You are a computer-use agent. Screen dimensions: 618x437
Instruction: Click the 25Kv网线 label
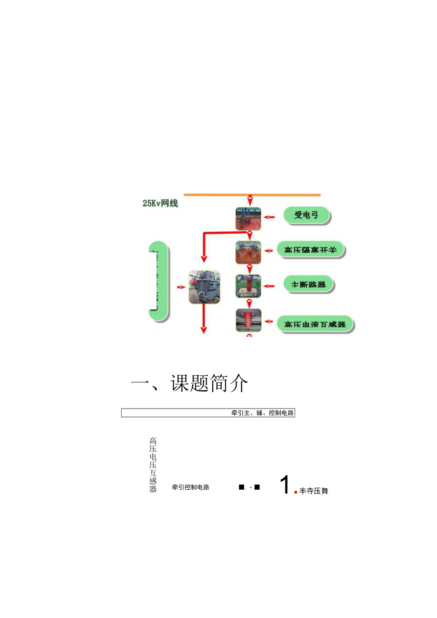tap(160, 203)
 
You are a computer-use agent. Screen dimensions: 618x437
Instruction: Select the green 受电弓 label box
tap(306, 216)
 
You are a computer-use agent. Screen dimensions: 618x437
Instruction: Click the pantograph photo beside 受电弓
tap(248, 219)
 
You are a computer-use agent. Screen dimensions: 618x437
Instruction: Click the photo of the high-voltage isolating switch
tap(248, 252)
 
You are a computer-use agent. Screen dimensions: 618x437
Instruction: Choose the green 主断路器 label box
tap(308, 285)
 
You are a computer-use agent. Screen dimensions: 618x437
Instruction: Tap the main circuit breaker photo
tap(248, 286)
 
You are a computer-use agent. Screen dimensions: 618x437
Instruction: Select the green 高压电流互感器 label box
tap(315, 324)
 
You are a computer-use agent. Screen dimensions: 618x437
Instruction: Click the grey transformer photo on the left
tap(204, 287)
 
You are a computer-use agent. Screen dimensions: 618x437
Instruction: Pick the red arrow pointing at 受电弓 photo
tap(269, 218)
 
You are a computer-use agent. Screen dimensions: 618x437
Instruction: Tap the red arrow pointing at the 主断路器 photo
tap(269, 286)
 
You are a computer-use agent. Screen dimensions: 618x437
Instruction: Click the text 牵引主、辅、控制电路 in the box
tap(263, 413)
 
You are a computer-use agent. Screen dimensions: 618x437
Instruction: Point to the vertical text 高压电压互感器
tap(153, 465)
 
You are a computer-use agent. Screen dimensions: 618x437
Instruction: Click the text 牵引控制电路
tap(190, 487)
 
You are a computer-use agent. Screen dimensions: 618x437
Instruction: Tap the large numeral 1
tap(285, 485)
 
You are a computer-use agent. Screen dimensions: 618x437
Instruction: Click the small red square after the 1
tap(296, 493)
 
